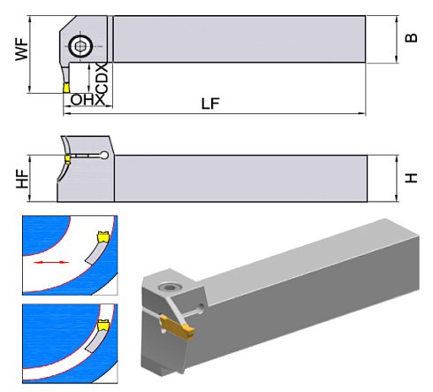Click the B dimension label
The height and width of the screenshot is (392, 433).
point(410,40)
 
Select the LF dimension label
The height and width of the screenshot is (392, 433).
point(210,103)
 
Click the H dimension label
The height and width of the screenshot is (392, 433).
point(410,177)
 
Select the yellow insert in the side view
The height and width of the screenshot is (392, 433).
point(66,159)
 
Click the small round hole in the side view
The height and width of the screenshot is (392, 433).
point(105,157)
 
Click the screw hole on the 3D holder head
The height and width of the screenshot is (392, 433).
point(168,287)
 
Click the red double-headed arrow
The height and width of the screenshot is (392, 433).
point(51,263)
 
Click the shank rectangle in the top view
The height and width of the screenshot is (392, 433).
point(239,40)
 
